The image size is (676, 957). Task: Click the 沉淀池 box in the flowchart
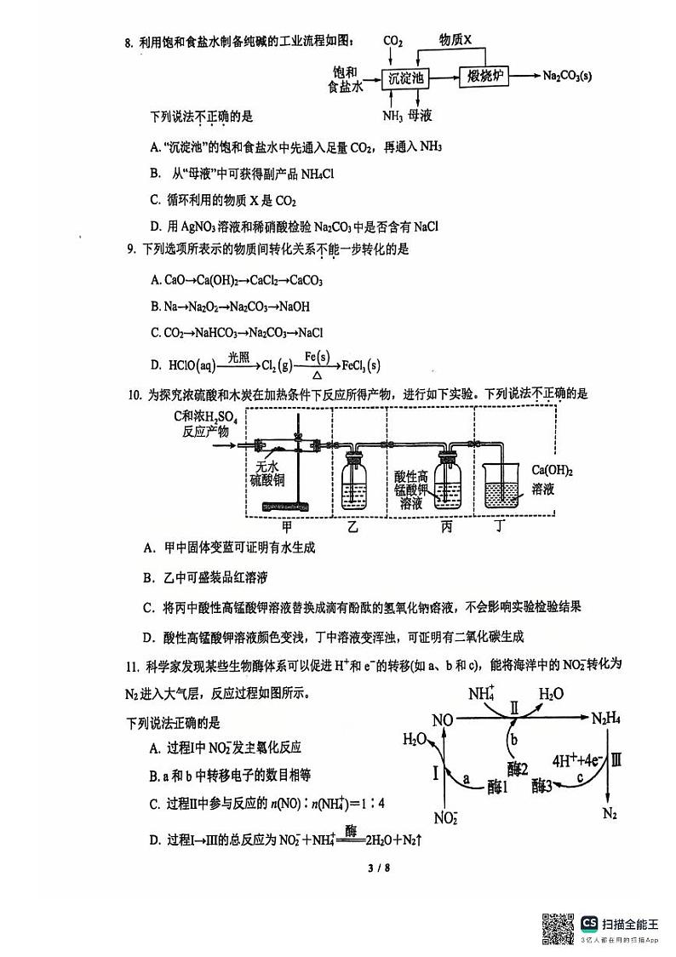(x=405, y=78)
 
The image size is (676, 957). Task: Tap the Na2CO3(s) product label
(x=567, y=77)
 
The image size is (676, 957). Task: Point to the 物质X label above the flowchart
(x=454, y=40)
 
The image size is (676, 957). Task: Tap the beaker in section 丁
(x=506, y=488)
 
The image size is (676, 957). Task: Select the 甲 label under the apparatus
(x=286, y=526)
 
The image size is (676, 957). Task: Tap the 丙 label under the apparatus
(x=447, y=526)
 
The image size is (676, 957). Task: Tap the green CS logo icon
(x=589, y=924)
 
